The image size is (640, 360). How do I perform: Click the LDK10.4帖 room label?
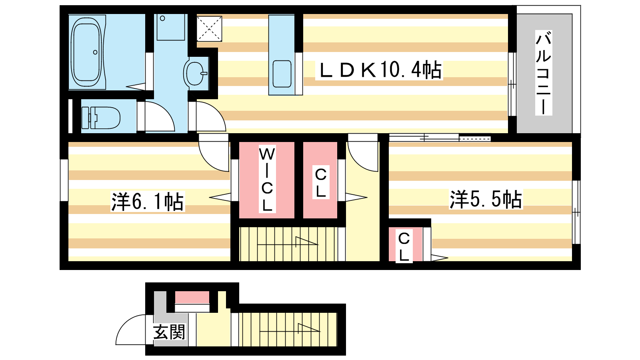pyautogui.click(x=380, y=70)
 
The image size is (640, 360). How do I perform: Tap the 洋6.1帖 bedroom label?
pyautogui.click(x=148, y=202)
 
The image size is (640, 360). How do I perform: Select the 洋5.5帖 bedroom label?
pyautogui.click(x=486, y=199)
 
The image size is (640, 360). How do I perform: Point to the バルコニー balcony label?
pyautogui.click(x=544, y=73)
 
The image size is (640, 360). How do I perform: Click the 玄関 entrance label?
pyautogui.click(x=170, y=332)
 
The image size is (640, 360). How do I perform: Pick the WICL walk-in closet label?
pyautogui.click(x=267, y=179)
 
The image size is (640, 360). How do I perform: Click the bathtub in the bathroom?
pyautogui.click(x=86, y=52)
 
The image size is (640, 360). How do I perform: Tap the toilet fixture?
pyautogui.click(x=101, y=118)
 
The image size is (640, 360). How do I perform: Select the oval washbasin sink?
pyautogui.click(x=195, y=72)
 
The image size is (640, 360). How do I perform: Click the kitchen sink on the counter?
pyautogui.click(x=282, y=74)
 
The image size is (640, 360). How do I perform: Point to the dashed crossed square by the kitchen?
pyautogui.click(x=210, y=28)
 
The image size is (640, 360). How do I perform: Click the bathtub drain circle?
pyautogui.click(x=95, y=52)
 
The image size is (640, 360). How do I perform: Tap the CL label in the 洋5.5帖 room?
pyautogui.click(x=404, y=246)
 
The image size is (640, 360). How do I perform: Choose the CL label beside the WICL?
pyautogui.click(x=321, y=182)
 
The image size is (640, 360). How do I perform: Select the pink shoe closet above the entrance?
pyautogui.click(x=192, y=298)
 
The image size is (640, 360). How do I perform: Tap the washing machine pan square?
pyautogui.click(x=170, y=27)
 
